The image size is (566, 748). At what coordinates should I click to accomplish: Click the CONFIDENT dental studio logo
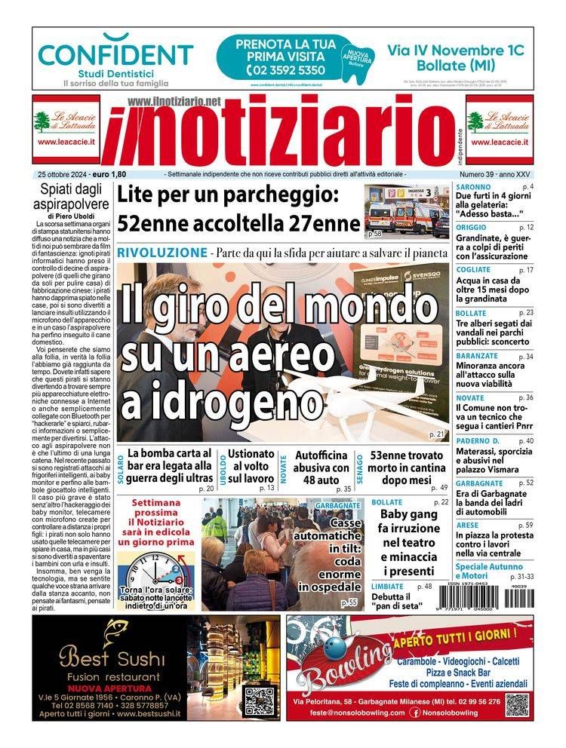[x=115, y=54]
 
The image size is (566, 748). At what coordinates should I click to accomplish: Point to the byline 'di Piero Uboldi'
[x=73, y=216]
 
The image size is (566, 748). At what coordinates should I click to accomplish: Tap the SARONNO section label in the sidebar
[x=473, y=186]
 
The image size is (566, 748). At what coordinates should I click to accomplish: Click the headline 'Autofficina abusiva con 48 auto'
[x=321, y=467]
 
